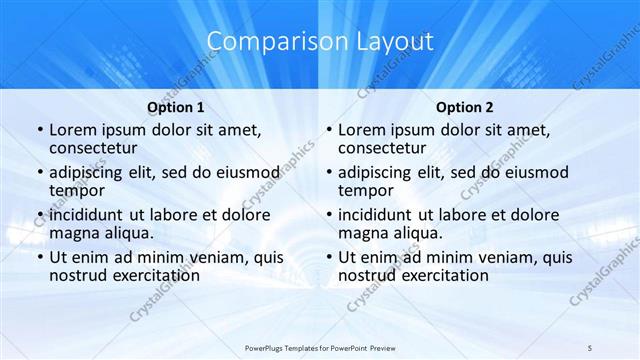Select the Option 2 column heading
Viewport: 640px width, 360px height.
pyautogui.click(x=464, y=107)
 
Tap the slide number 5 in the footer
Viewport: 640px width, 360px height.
pyautogui.click(x=590, y=346)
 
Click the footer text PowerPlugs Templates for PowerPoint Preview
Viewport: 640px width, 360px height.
pyautogui.click(x=320, y=346)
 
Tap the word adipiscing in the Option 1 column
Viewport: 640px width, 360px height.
pyautogui.click(x=92, y=171)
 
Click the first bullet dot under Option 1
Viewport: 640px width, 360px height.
pyautogui.click(x=38, y=130)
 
